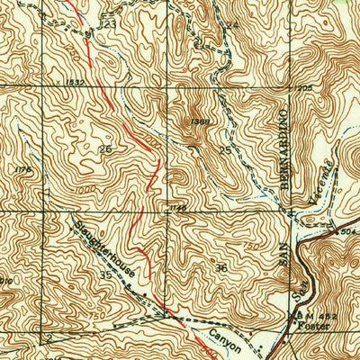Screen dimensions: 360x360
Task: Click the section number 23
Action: point(109,24)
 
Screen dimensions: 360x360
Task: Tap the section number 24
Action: point(232,25)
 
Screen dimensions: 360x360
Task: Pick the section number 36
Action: point(221,267)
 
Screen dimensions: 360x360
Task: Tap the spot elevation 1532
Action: point(75,83)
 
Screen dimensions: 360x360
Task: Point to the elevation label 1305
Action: point(303,88)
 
